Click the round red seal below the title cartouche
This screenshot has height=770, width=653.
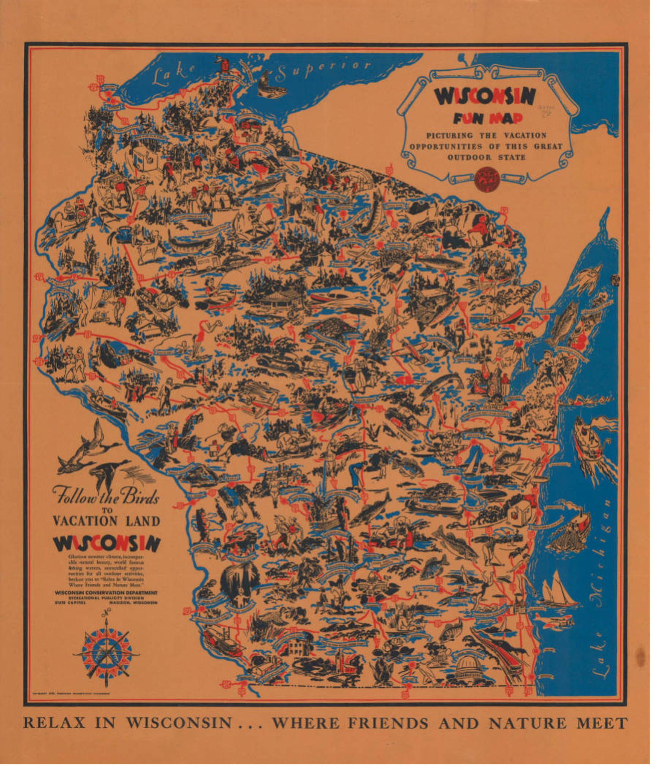tap(487, 178)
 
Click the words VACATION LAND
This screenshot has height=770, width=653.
tap(106, 521)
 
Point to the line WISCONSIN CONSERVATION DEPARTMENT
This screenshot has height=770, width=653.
tap(106, 593)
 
